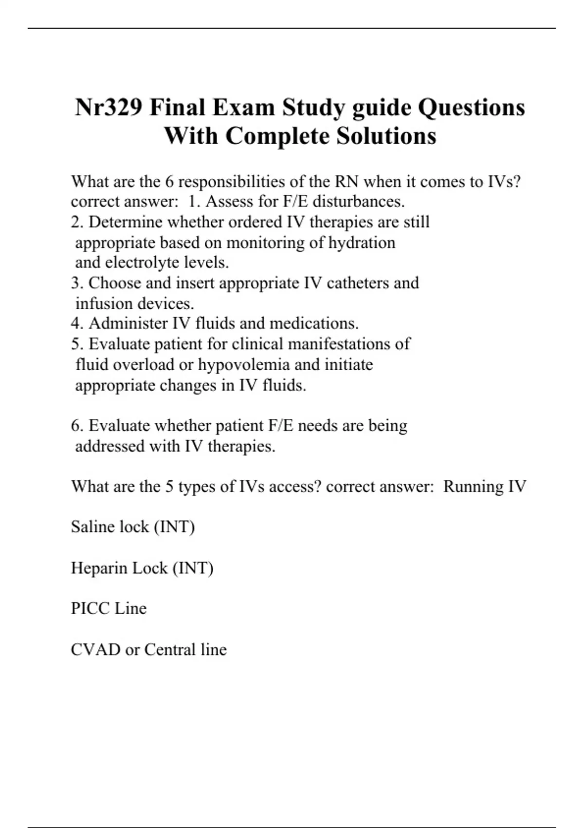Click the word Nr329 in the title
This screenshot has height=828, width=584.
point(109,108)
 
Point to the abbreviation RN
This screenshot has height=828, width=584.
point(347,182)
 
